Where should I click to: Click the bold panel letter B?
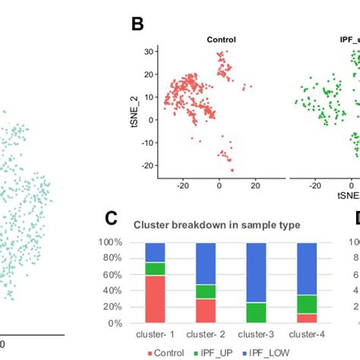[137, 24]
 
